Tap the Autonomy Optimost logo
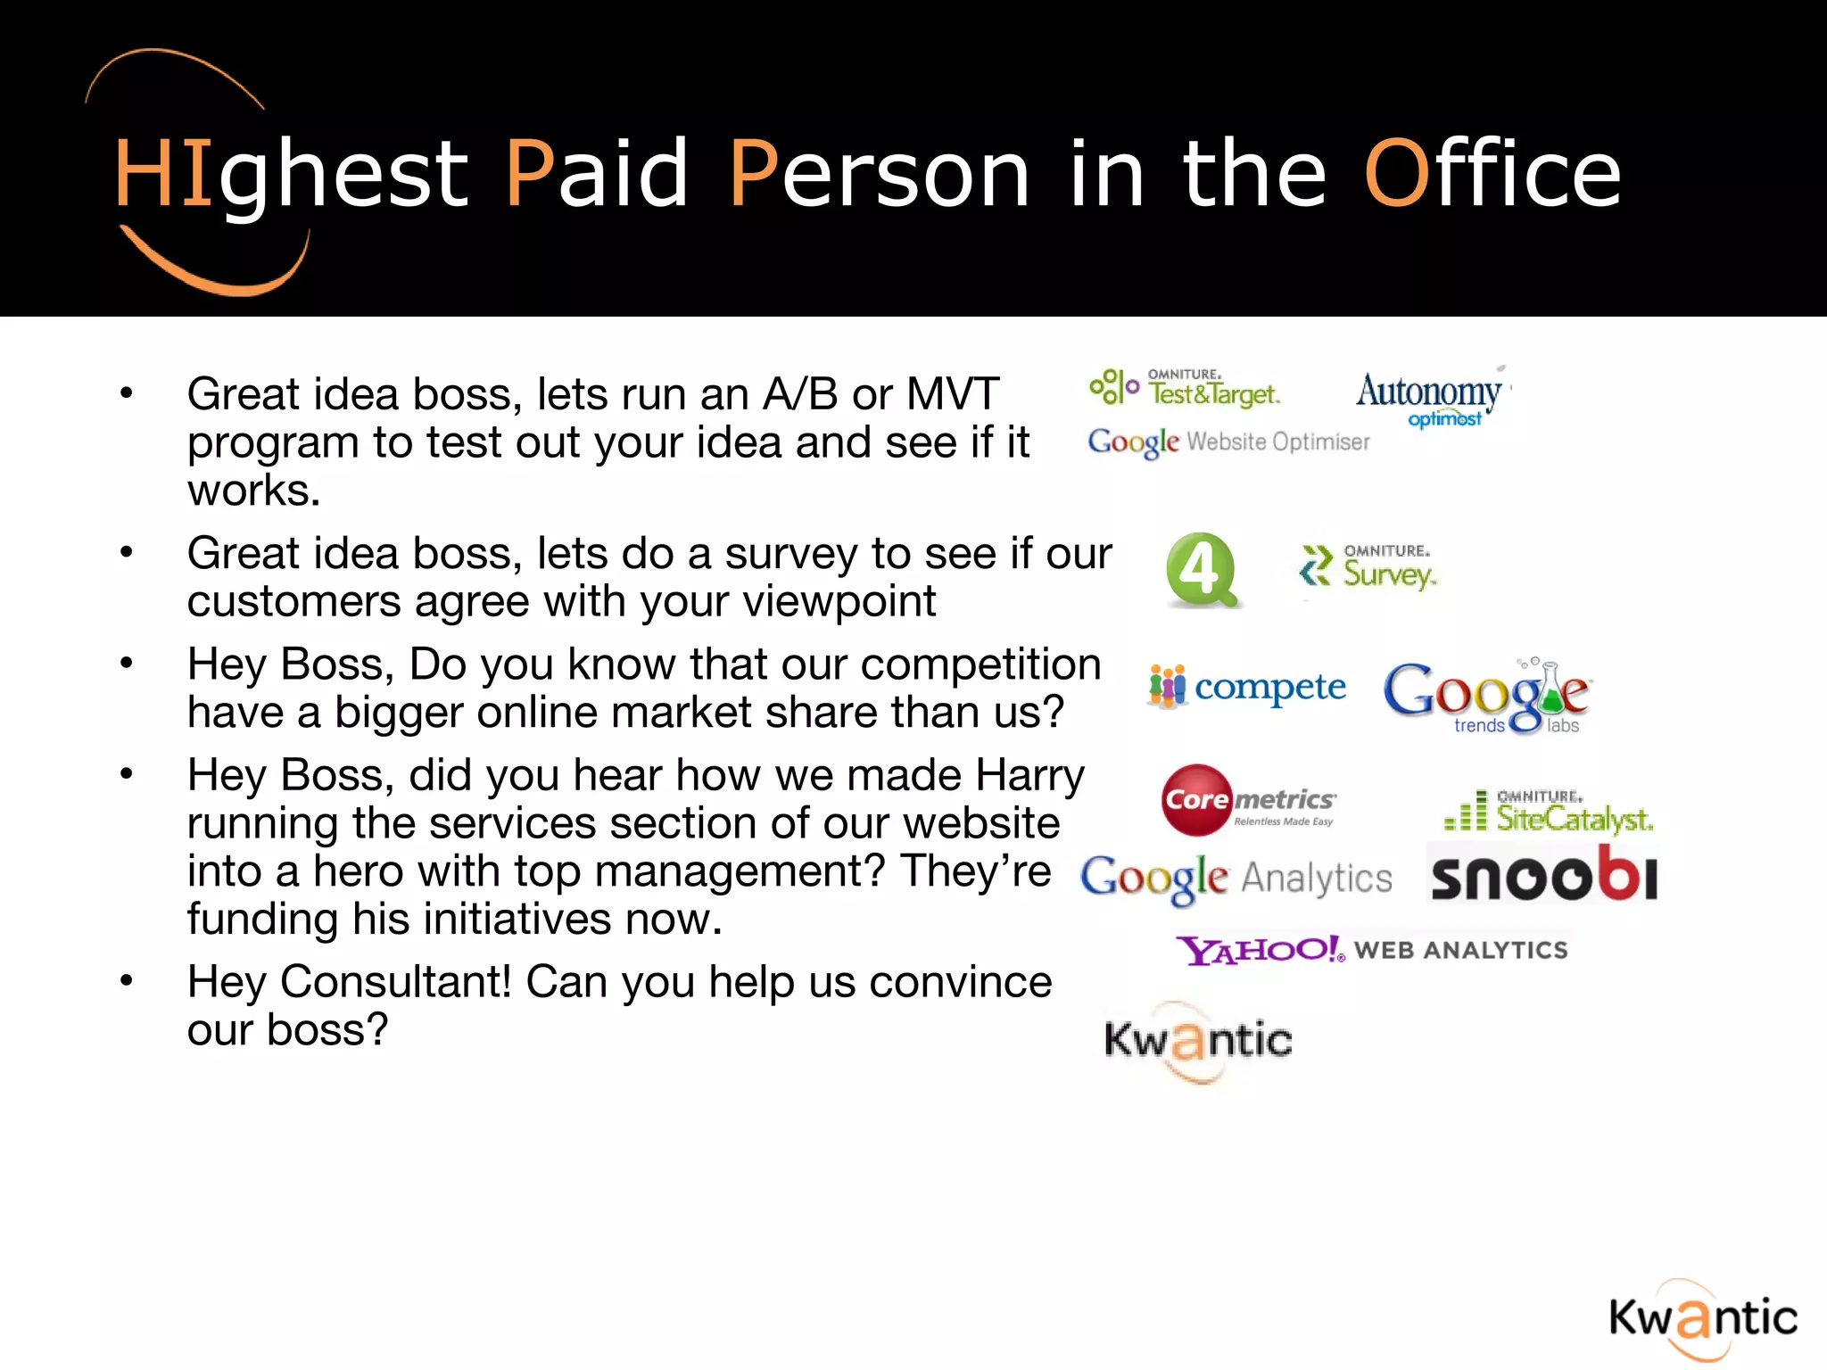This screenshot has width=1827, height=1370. [x=1430, y=398]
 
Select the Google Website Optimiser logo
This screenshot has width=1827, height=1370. [x=1228, y=442]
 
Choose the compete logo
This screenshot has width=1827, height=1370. [x=1247, y=688]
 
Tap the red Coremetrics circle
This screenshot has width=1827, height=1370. [x=1196, y=800]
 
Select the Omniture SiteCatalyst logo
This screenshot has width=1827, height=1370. [x=1549, y=811]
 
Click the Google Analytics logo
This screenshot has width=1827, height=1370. [x=1236, y=879]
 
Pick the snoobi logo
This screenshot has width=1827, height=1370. [x=1543, y=875]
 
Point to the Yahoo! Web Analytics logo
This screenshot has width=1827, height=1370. [x=1371, y=950]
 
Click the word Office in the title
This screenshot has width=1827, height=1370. [x=1492, y=174]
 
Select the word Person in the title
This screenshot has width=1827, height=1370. [x=879, y=174]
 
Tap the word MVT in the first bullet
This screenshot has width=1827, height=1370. [x=952, y=394]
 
